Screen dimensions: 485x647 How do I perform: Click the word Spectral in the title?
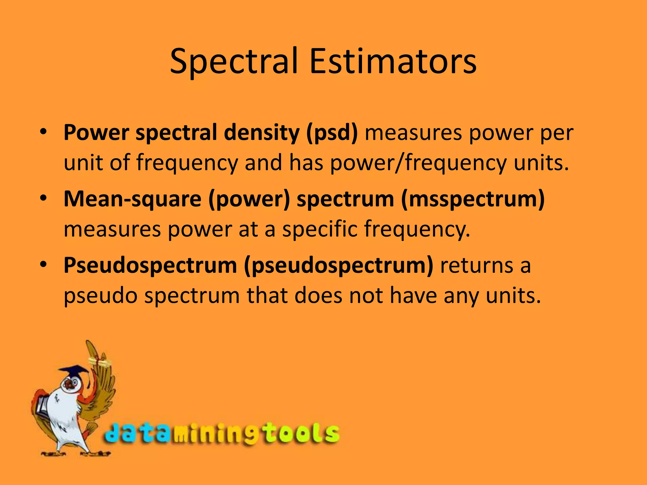234,62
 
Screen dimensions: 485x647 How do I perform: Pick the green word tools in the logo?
300,434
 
